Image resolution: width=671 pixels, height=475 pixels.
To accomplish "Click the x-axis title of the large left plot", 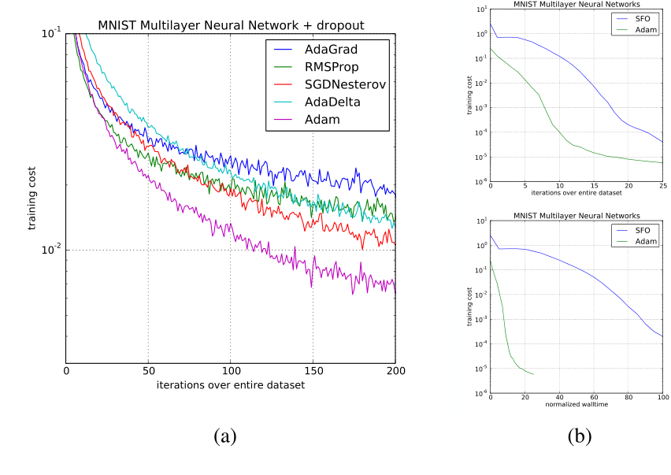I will pos(231,385).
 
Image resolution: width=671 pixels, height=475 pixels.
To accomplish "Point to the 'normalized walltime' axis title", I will pos(576,404).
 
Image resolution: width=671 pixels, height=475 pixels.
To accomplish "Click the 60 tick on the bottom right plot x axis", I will pos(593,399).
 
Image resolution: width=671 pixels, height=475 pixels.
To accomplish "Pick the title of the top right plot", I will pos(576,4).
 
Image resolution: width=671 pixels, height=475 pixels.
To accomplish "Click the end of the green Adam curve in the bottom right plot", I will pos(534,374).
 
